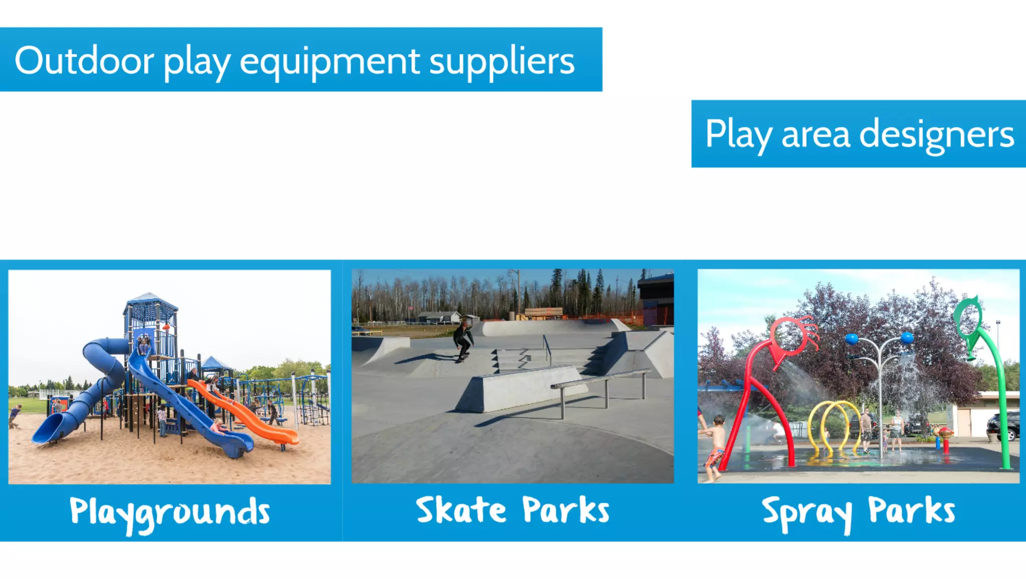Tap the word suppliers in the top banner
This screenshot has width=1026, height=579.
coord(501,62)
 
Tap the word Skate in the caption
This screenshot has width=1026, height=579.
coord(461,510)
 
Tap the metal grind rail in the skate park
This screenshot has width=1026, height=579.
coord(601,381)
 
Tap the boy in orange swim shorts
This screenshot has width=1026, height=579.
coord(715,446)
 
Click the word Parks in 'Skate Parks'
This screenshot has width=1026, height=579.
coord(565,510)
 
